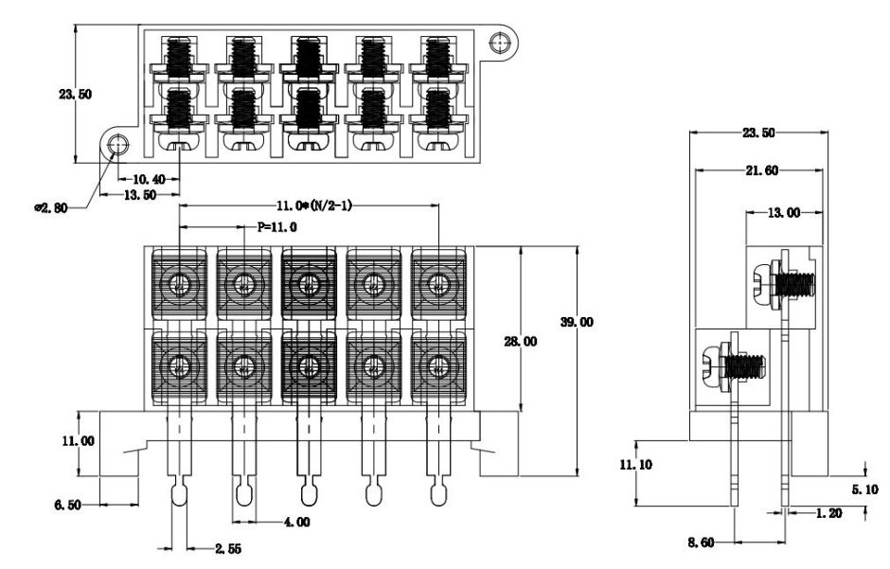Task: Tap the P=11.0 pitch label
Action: (x=277, y=227)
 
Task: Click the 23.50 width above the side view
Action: (x=757, y=133)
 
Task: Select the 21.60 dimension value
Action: (x=757, y=170)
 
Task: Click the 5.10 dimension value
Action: (x=863, y=489)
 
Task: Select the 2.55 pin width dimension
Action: (x=225, y=547)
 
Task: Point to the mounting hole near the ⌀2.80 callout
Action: (x=117, y=145)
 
